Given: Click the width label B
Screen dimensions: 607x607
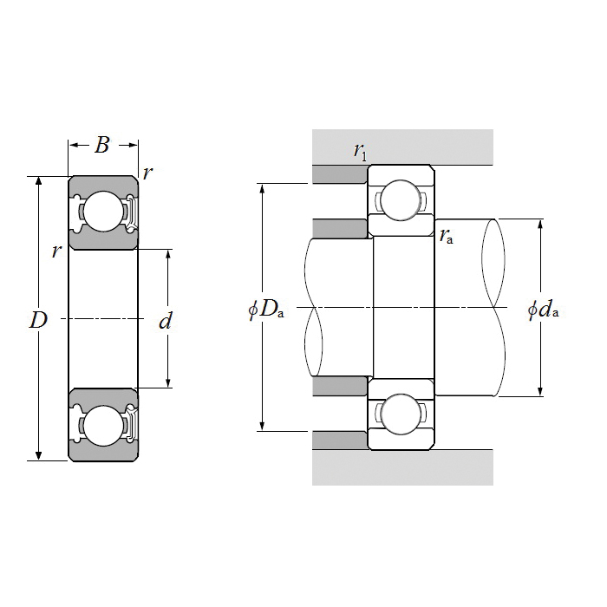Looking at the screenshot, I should (102, 145).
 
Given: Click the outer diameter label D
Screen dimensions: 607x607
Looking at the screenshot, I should (37, 320).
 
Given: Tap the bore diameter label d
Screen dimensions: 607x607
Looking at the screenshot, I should (166, 322).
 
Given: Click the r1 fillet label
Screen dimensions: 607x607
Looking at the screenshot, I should (360, 151).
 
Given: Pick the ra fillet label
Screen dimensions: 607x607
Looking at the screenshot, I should (447, 235).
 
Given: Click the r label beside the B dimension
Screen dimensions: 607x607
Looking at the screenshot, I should (147, 172).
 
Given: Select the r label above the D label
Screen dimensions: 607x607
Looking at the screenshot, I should (56, 251).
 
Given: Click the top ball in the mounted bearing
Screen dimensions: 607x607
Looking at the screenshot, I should (401, 199).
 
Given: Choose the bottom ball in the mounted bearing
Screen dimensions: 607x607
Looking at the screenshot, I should (401, 414).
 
